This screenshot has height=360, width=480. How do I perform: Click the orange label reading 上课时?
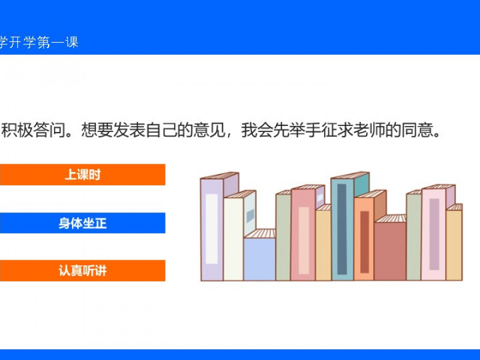(82, 175)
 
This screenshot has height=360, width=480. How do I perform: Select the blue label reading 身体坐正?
(82, 223)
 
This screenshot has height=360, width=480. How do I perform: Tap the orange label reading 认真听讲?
(82, 271)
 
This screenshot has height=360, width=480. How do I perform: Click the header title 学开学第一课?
(38, 42)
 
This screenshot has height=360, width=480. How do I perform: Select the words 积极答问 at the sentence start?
(33, 130)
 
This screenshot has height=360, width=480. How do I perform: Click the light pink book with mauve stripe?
(433, 234)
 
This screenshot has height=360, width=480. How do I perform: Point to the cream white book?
(233, 239)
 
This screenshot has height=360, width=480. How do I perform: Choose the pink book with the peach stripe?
(303, 234)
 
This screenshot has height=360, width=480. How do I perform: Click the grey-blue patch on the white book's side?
(250, 215)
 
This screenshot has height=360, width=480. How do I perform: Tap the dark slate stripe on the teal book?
(342, 229)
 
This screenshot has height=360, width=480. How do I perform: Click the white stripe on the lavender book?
(212, 229)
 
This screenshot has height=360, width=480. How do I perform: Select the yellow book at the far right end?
(454, 244)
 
